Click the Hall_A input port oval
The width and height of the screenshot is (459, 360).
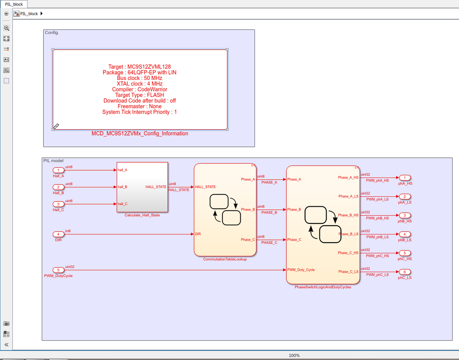[58, 170]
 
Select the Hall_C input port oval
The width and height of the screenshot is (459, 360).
[58, 204]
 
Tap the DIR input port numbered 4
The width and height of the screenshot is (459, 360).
[58, 234]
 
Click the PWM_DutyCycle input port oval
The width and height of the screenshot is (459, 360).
[58, 270]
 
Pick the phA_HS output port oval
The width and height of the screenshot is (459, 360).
[404, 177]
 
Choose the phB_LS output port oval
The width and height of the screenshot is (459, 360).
[404, 234]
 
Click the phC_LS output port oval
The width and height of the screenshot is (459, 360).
[404, 272]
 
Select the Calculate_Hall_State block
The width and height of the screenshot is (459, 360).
[142, 187]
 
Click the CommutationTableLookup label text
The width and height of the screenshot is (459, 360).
[225, 259]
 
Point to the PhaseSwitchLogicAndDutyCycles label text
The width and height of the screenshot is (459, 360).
[323, 287]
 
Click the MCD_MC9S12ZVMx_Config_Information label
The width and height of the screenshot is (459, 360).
[140, 134]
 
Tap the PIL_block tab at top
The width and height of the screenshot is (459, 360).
[14, 4]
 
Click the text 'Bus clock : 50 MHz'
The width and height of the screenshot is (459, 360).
[140, 78]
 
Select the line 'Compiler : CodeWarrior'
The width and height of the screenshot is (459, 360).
[140, 90]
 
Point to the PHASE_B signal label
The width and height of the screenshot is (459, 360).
[269, 212]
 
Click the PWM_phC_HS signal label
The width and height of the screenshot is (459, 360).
[377, 256]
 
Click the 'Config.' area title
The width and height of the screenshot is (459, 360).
[52, 33]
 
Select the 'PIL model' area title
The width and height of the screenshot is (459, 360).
[53, 160]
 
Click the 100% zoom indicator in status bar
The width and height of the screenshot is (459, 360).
[294, 355]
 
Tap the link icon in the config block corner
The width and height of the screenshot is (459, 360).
[56, 126]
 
